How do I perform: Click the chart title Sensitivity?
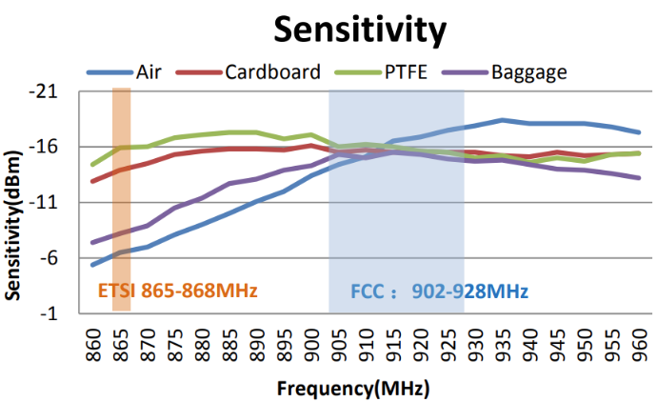point(359,30)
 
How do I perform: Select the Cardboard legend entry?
point(272,71)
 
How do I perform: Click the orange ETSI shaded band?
point(121,191)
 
